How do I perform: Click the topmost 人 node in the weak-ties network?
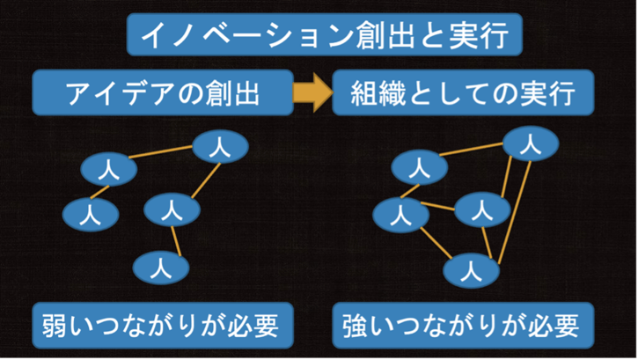tap(216, 147)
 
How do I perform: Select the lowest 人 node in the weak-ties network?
tap(159, 265)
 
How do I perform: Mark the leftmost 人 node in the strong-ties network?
tap(400, 212)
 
